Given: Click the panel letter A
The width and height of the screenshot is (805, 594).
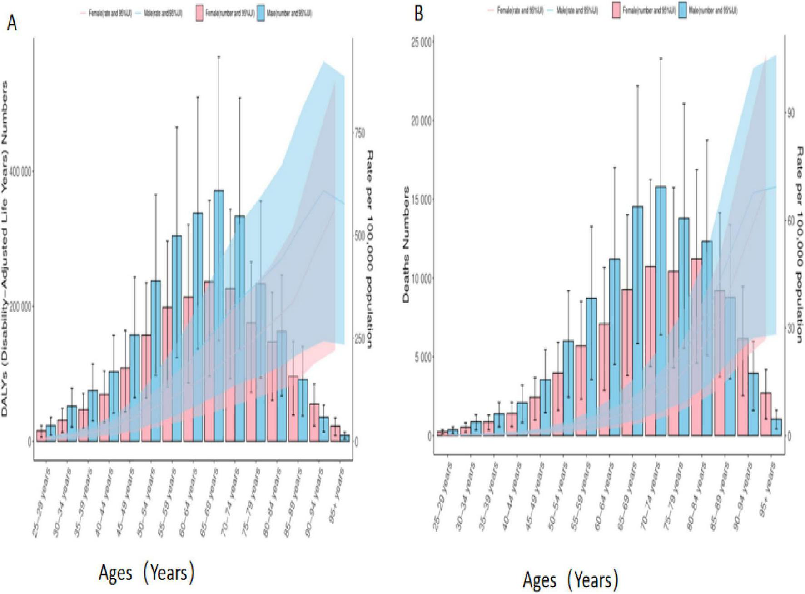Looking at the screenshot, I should [x=12, y=22].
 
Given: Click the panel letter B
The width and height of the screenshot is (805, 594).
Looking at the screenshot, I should [x=419, y=14].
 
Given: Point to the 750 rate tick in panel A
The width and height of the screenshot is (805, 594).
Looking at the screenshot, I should [x=359, y=133].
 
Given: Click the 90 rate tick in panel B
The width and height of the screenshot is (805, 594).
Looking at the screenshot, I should [x=790, y=113].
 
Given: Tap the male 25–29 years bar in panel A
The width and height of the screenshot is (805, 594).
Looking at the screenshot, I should [x=51, y=433].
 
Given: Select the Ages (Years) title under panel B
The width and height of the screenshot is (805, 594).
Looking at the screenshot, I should [x=570, y=580].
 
